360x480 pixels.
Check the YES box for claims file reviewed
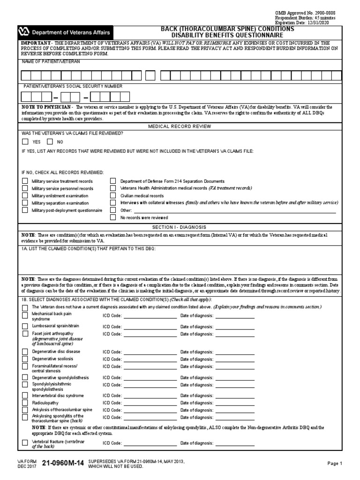(x=25, y=142)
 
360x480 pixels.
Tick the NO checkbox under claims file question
(x=50, y=142)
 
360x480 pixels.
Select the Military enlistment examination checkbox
(x=25, y=195)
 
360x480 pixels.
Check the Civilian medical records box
(x=113, y=195)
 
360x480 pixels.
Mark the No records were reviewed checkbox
(x=113, y=217)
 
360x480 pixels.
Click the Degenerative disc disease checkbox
(x=25, y=351)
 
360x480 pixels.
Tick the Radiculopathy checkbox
(x=25, y=402)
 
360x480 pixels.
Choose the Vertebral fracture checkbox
(x=25, y=442)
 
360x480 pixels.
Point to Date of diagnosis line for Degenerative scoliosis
(x=234, y=359)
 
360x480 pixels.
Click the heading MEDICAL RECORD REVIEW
(x=180, y=127)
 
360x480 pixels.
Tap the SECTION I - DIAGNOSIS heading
(x=180, y=227)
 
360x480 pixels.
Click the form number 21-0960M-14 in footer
(x=63, y=464)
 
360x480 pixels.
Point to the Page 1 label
(x=335, y=464)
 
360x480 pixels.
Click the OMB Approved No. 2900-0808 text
(x=312, y=13)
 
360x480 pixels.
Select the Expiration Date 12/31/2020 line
(x=309, y=22)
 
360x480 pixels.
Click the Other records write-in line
(x=234, y=210)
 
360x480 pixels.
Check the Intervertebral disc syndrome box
(x=25, y=395)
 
